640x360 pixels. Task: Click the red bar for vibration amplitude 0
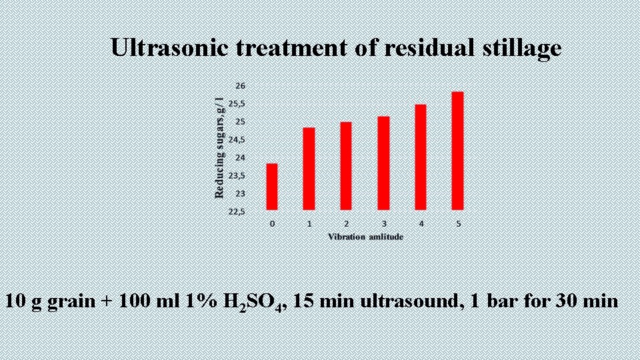click(271, 187)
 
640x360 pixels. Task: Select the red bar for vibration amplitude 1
click(309, 169)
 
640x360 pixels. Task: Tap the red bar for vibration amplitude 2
click(346, 166)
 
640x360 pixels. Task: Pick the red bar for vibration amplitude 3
click(383, 163)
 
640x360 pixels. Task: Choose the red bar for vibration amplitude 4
click(421, 157)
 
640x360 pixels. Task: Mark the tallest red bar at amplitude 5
click(458, 151)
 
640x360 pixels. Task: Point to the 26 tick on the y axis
click(240, 86)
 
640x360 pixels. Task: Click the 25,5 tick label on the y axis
click(237, 104)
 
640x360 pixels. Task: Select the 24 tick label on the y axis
click(240, 158)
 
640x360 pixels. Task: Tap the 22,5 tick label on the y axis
click(237, 212)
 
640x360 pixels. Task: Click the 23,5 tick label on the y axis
click(237, 176)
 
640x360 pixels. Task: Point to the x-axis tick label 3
click(384, 224)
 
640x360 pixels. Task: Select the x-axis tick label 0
click(272, 224)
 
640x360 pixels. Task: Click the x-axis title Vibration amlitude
click(365, 237)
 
